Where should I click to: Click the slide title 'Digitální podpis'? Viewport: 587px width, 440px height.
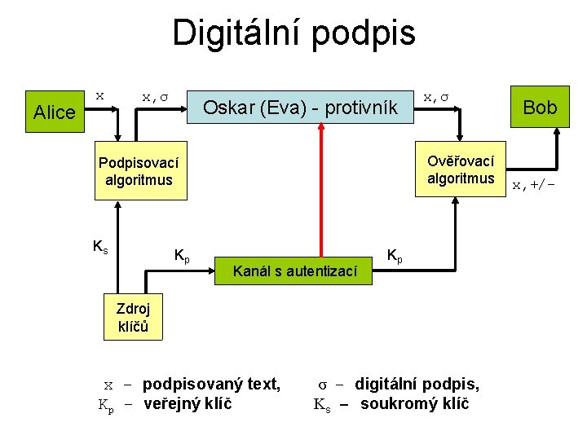click(x=293, y=33)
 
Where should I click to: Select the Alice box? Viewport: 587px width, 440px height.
click(x=55, y=112)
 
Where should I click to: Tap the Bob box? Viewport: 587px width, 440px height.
click(x=540, y=107)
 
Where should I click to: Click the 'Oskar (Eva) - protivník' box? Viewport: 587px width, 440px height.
click(x=299, y=107)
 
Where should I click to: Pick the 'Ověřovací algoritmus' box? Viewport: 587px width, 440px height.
click(x=461, y=170)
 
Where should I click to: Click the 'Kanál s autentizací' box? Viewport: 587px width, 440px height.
click(x=295, y=270)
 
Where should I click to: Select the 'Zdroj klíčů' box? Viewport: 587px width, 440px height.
click(x=133, y=317)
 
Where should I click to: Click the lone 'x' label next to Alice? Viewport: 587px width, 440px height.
click(x=99, y=95)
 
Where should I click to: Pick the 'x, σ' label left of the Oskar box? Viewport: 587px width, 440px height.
click(x=155, y=96)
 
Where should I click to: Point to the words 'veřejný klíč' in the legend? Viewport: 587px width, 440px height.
click(x=188, y=403)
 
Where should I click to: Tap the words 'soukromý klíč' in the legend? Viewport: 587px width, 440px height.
click(x=414, y=403)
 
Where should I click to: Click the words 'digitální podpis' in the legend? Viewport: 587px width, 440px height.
click(x=417, y=384)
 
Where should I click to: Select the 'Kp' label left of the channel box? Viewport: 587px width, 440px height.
click(x=183, y=256)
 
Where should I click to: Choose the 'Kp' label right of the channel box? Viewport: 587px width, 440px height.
click(x=394, y=256)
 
